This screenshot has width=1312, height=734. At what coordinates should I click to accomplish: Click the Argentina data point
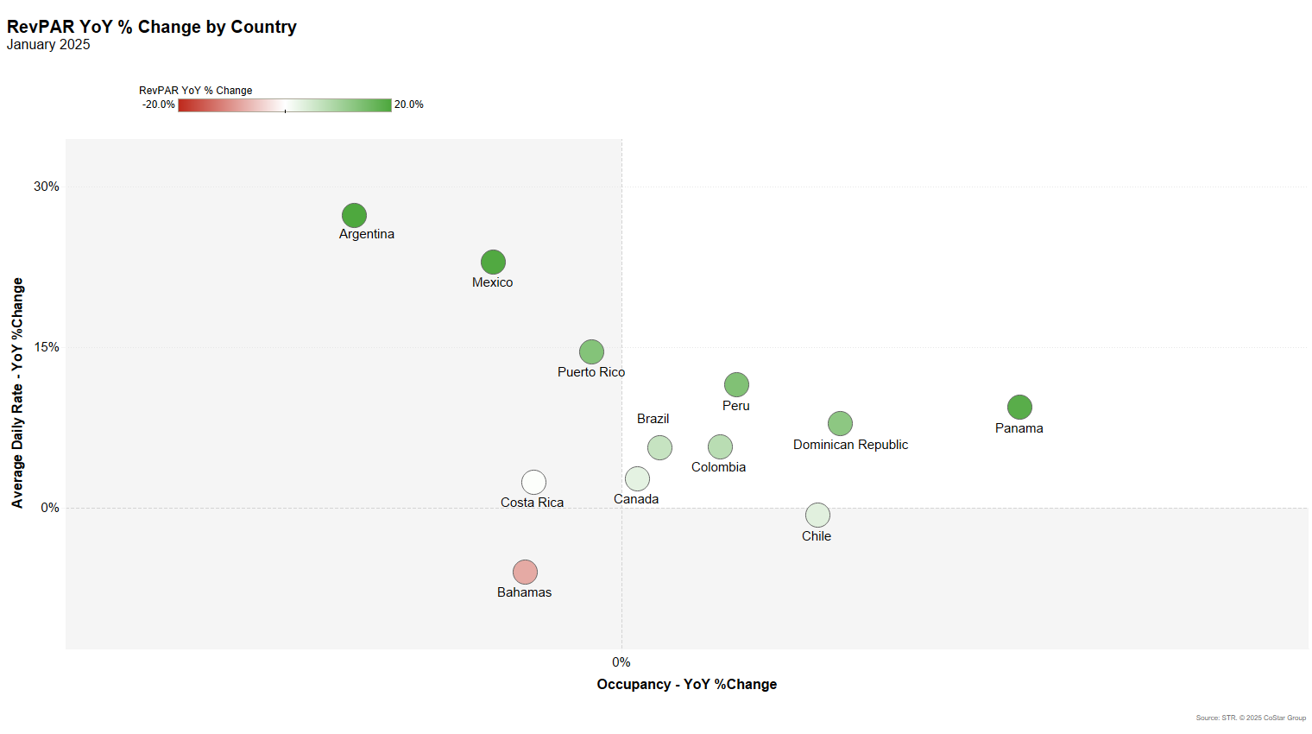pos(354,215)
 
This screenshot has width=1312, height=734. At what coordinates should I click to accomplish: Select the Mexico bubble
pos(493,262)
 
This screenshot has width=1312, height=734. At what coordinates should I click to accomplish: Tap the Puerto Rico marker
pos(591,351)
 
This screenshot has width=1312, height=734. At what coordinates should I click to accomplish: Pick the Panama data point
pos(1019,407)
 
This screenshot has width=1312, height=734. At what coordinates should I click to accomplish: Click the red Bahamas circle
pos(525,572)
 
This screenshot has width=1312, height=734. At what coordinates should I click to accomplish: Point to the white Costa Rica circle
pos(533,482)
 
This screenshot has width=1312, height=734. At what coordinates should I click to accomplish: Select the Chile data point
pos(817,515)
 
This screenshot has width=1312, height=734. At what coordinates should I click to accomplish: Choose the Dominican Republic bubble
pos(840,423)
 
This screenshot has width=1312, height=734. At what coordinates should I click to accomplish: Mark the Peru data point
pos(736,384)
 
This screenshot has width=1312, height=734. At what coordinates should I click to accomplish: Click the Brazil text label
pos(653,419)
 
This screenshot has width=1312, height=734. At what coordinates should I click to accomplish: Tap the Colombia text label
pos(718,467)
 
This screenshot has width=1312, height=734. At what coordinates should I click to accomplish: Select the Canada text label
pos(636,499)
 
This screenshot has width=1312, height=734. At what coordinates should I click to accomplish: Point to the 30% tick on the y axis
pos(47,187)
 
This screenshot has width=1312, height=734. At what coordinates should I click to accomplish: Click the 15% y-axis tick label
pos(47,347)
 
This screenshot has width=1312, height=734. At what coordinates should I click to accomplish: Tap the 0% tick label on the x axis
pos(621,662)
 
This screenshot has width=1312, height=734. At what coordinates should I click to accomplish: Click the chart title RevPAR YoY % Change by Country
pos(152,27)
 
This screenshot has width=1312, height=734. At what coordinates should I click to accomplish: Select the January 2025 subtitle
pos(48,45)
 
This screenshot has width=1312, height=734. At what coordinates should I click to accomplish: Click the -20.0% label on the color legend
pos(159,104)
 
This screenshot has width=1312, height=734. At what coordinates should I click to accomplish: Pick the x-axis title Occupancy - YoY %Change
pos(687,684)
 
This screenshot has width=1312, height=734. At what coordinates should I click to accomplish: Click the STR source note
pos(1251,718)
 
